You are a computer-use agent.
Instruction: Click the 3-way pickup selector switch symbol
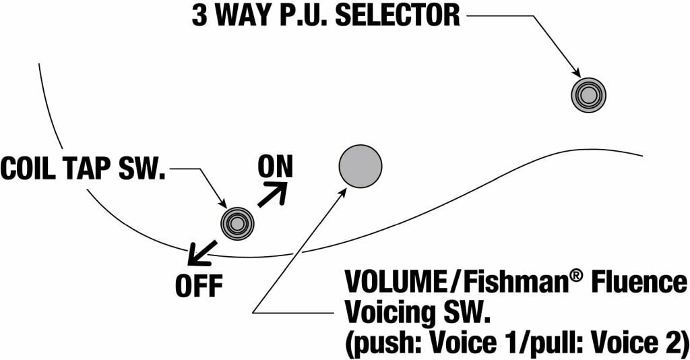click(590, 94)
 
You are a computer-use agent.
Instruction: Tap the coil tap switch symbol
click(238, 222)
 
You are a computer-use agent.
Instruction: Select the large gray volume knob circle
click(360, 166)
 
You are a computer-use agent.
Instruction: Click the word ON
click(276, 167)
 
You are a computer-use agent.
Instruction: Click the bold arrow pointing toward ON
click(272, 194)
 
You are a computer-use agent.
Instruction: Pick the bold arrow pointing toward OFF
click(201, 253)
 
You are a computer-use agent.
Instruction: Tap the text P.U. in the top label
click(305, 16)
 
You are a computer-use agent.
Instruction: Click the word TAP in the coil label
click(88, 169)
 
